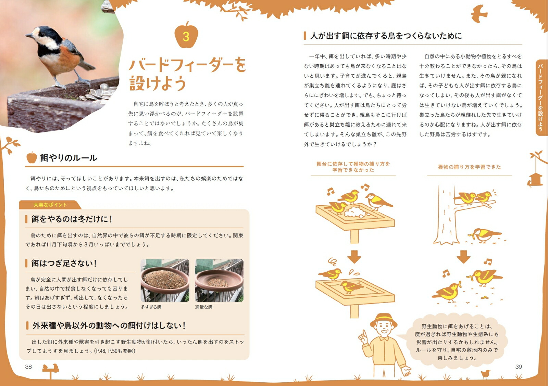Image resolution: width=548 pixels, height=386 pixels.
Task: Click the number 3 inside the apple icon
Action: (186, 37)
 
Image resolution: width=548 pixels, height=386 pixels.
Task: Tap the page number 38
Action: (28, 366)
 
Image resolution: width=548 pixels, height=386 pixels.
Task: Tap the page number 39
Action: (519, 366)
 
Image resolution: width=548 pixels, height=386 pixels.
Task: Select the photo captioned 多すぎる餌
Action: (165, 280)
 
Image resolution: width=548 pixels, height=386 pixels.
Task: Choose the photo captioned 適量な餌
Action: (219, 280)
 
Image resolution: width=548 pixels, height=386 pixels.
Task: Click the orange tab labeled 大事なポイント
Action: (50, 205)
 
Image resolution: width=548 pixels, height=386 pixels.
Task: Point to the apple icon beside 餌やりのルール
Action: (32, 157)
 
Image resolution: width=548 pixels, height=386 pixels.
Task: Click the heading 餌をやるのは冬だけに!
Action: (72, 219)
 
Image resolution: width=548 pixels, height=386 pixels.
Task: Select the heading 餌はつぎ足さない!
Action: (64, 263)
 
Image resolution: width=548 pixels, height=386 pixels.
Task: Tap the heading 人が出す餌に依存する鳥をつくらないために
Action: (386, 36)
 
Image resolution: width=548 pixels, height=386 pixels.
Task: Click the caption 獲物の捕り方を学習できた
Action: (470, 167)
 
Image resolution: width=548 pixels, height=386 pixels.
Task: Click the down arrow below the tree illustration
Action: (463, 257)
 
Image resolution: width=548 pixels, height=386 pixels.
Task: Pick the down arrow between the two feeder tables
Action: (354, 257)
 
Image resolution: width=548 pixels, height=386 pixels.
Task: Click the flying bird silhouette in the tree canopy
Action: (479, 14)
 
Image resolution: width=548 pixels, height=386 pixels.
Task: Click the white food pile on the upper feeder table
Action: (356, 212)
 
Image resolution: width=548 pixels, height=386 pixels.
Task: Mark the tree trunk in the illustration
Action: (444, 215)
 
